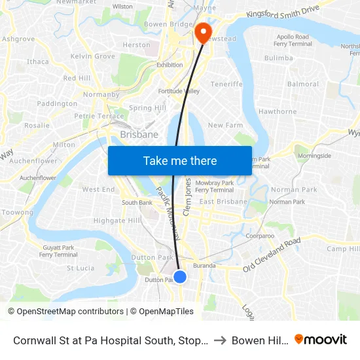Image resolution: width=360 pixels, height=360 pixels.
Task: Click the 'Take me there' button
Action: pyautogui.click(x=180, y=160)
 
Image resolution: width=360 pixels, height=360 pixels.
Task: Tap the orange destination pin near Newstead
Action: pyautogui.click(x=203, y=31)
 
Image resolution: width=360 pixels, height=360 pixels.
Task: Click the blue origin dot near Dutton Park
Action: pyautogui.click(x=180, y=277)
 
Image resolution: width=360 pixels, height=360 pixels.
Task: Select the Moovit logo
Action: pyautogui.click(x=321, y=340)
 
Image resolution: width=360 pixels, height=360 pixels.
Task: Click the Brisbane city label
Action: pyautogui.click(x=139, y=134)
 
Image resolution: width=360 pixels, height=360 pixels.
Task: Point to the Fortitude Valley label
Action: pyautogui.click(x=179, y=91)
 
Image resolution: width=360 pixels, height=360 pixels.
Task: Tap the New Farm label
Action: pyautogui.click(x=225, y=125)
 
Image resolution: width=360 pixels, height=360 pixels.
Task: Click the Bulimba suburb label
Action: pyautogui.click(x=278, y=58)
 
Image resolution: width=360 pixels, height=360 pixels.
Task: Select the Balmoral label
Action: pyautogui.click(x=302, y=84)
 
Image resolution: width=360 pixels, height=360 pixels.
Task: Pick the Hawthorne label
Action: pyautogui.click(x=278, y=111)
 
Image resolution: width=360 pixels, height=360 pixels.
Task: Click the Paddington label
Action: pyautogui.click(x=57, y=103)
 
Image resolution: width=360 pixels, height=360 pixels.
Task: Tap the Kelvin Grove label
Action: pyautogui.click(x=92, y=56)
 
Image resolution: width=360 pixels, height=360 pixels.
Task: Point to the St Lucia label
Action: pyautogui.click(x=81, y=268)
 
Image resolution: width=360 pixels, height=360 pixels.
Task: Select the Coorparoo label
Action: pyautogui.click(x=259, y=236)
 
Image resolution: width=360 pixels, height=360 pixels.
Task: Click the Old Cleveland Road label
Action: pyautogui.click(x=272, y=255)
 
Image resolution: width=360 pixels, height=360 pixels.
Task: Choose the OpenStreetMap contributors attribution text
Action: pyautogui.click(x=65, y=312)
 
